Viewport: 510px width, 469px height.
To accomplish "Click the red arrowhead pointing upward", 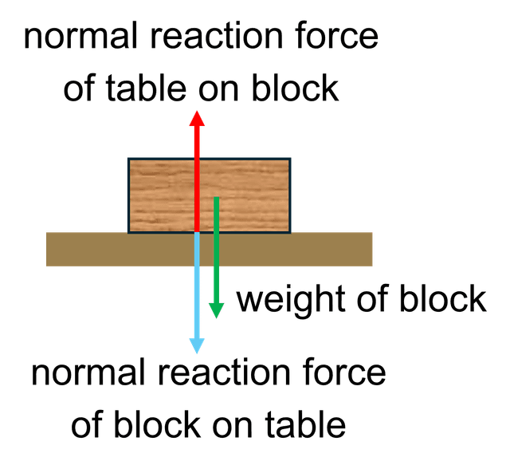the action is pos(197,119).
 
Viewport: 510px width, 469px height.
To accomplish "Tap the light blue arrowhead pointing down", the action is pos(197,345).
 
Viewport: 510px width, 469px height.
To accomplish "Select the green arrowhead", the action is pos(216,311).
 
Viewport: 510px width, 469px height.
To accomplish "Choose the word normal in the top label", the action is pos(80,35).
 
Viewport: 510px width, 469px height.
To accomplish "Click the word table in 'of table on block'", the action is pos(145,87).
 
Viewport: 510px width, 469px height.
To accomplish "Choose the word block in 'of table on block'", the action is pos(295,87).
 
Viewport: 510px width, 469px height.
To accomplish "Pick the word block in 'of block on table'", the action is pos(157,424).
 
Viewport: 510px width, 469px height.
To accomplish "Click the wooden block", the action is pos(209,195).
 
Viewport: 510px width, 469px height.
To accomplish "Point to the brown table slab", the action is pos(209,250).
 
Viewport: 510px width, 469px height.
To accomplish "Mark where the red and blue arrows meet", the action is pos(197,232).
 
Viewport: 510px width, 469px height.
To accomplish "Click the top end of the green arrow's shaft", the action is pos(216,197).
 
